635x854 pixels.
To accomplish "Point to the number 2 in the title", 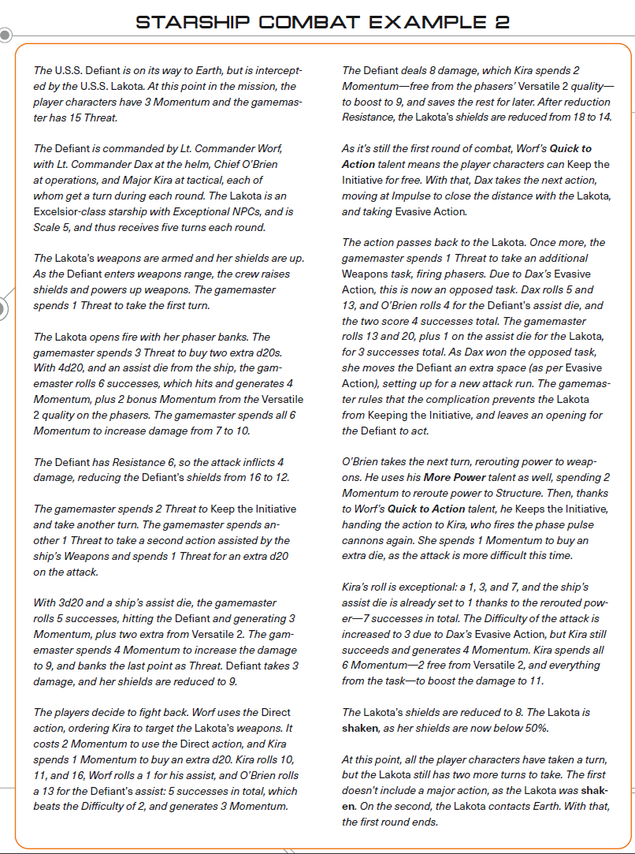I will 502,22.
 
